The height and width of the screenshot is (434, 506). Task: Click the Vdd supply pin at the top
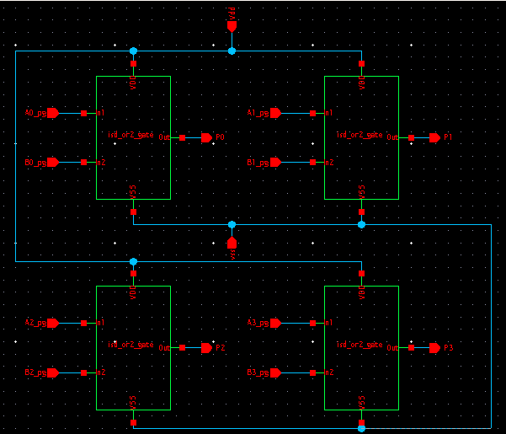[x=232, y=26]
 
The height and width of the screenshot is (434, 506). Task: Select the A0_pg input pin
[x=52, y=113]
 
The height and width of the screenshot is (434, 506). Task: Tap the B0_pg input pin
[x=52, y=163]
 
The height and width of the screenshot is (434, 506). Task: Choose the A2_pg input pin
[x=52, y=323]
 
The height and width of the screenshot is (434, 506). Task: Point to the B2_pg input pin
[x=52, y=372]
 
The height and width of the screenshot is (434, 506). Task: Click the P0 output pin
[x=206, y=137]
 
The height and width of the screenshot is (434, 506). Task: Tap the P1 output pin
[x=434, y=137]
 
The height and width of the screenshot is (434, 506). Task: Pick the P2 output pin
[x=206, y=347]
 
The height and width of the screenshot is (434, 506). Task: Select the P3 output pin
[x=434, y=347]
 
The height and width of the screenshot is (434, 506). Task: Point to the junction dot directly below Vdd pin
[x=232, y=51]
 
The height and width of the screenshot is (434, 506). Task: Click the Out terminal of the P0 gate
[x=183, y=137]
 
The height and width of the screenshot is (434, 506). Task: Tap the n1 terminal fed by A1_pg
[x=312, y=113]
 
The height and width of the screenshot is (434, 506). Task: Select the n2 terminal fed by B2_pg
[x=84, y=372]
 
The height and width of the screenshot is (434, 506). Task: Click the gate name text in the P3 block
[x=360, y=345]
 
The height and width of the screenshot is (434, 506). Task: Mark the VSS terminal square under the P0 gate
[x=133, y=212]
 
